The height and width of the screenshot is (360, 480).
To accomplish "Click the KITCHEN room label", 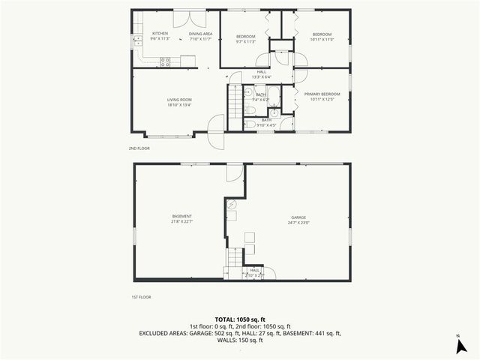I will click(160, 34).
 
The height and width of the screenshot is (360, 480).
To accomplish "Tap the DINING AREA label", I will click(200, 34).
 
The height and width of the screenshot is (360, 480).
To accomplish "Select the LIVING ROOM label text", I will click(179, 100).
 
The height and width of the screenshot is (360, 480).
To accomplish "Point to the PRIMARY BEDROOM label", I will click(322, 94).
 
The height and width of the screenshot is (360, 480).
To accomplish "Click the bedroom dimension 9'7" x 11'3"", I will click(246, 41).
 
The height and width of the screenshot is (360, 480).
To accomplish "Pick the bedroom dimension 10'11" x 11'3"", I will click(322, 40).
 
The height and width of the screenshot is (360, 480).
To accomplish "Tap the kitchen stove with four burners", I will click(165, 61).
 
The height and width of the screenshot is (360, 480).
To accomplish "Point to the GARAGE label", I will click(298, 217).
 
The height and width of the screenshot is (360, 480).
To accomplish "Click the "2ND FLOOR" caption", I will click(139, 148).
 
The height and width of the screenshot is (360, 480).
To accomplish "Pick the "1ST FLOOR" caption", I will click(140, 297).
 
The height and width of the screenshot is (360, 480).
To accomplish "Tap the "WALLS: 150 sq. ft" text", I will click(240, 340).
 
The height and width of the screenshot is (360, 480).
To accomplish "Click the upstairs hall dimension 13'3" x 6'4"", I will click(262, 76).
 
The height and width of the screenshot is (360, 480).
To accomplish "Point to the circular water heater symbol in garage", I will click(232, 203).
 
